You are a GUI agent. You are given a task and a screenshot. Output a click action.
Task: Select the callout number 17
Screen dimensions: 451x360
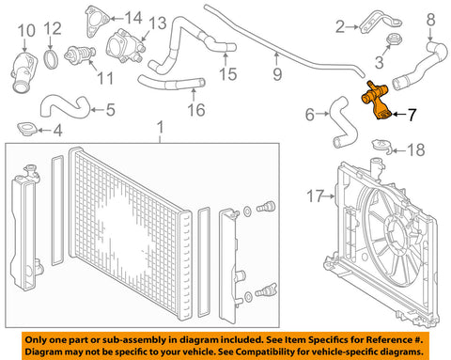[315, 196]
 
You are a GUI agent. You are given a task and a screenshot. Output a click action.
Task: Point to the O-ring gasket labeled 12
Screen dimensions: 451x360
[51, 58]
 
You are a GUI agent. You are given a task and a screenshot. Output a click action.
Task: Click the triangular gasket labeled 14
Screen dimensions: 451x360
[96, 22]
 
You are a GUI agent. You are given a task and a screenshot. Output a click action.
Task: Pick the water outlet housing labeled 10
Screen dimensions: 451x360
[23, 73]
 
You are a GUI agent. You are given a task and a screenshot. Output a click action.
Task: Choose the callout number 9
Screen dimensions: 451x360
[277, 74]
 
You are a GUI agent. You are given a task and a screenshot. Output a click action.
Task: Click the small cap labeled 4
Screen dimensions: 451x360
[27, 129]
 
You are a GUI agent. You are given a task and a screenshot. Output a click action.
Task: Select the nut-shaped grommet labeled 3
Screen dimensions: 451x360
[395, 39]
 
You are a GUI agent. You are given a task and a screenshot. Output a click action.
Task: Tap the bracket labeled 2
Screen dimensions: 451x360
[380, 23]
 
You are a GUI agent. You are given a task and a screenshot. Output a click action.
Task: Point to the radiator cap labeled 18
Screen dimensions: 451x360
[382, 146]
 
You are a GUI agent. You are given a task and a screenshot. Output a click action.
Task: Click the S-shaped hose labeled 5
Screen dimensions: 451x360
[65, 107]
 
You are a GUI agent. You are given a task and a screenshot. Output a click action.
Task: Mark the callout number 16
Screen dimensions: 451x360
[196, 110]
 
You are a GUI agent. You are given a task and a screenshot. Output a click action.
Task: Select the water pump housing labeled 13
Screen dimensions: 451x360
[125, 47]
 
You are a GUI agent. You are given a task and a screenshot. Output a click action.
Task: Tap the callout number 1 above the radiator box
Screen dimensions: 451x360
[161, 128]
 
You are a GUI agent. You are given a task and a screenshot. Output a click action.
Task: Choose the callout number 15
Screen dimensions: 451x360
[227, 74]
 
